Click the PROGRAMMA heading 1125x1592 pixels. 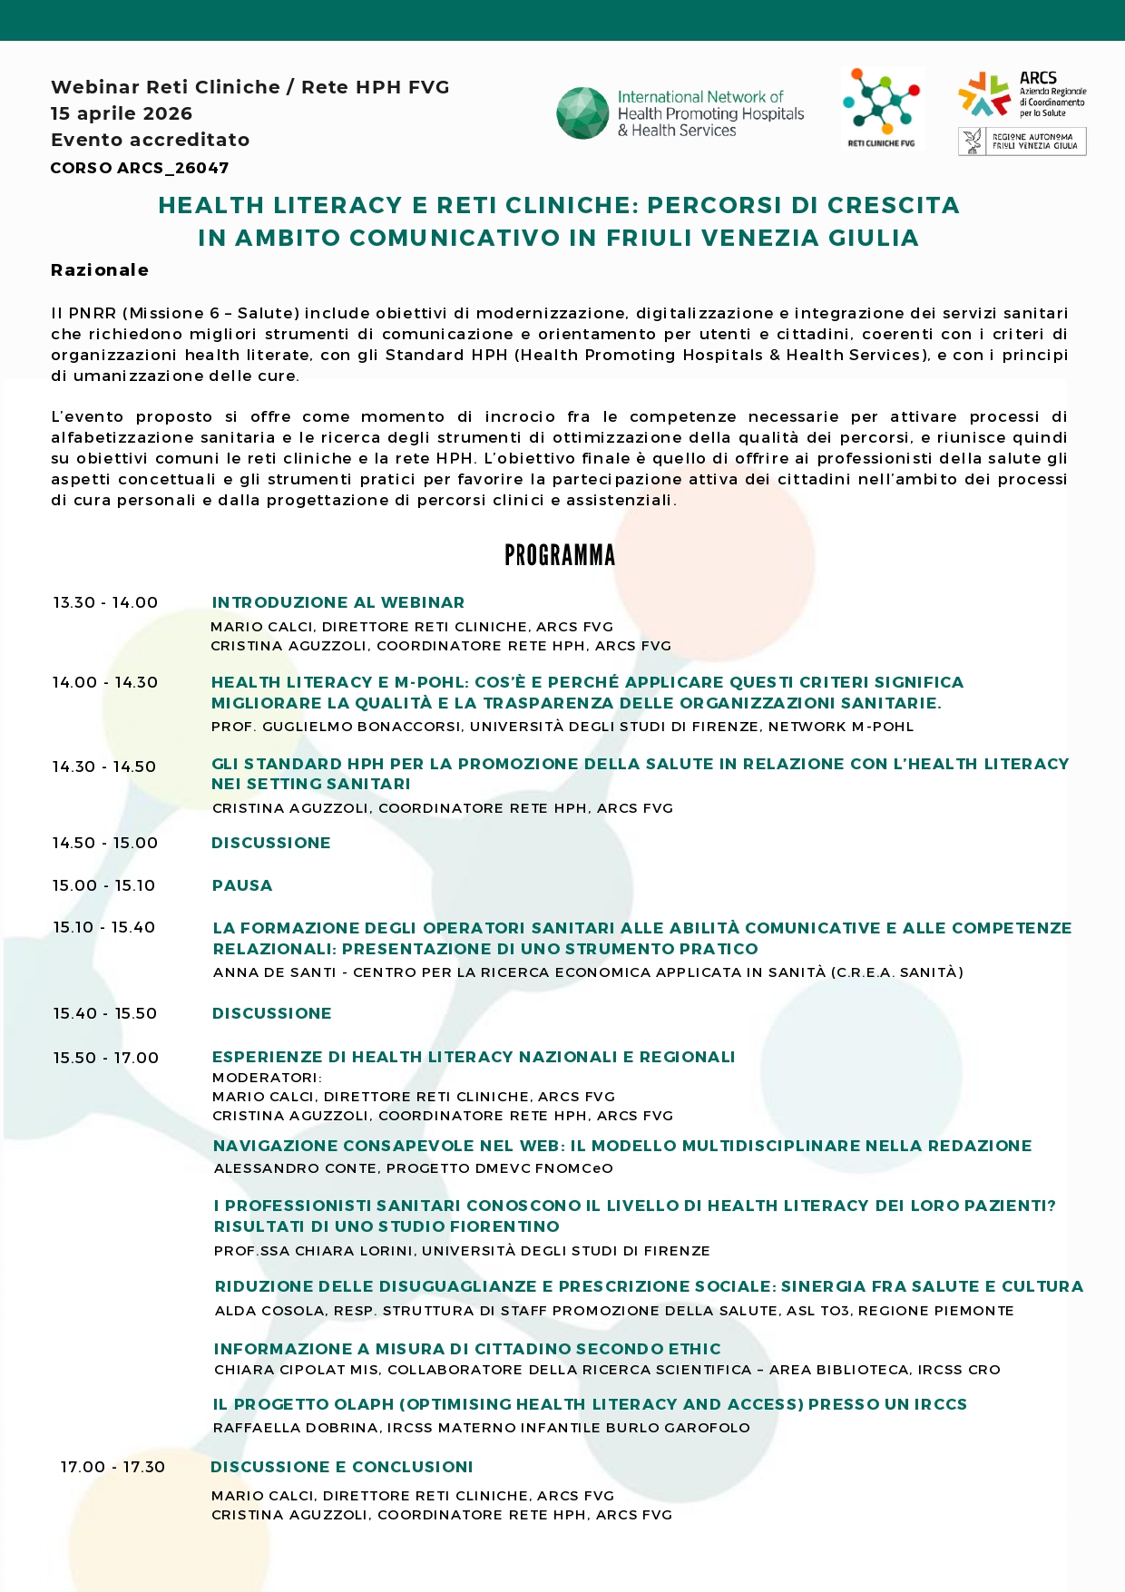click(560, 555)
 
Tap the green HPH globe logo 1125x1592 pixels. click(582, 113)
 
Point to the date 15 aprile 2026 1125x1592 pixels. click(122, 113)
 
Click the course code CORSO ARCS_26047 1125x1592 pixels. click(140, 168)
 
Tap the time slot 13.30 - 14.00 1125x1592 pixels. click(105, 602)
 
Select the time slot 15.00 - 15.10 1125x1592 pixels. click(103, 885)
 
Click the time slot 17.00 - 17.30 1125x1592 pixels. click(112, 1467)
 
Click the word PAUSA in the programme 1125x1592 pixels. click(242, 885)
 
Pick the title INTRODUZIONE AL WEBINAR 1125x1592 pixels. click(337, 602)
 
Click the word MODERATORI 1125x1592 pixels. click(266, 1078)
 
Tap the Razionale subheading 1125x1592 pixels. click(100, 270)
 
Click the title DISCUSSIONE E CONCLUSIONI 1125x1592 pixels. click(342, 1467)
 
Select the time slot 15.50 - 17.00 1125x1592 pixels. click(105, 1058)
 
